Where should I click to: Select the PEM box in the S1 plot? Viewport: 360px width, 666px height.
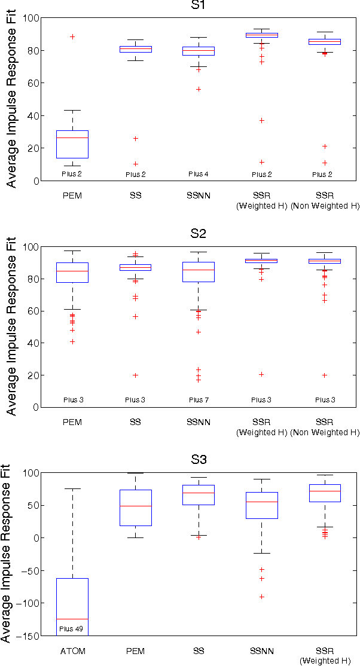(72, 144)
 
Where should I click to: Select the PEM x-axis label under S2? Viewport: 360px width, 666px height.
(72, 422)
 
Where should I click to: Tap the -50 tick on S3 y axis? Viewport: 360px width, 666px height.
(31, 570)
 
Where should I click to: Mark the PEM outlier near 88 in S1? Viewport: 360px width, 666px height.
(72, 37)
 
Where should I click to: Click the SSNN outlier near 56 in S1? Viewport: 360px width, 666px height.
(198, 89)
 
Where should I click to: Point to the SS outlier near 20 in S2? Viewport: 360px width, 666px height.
(135, 375)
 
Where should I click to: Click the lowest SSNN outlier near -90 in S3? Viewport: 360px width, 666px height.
(261, 597)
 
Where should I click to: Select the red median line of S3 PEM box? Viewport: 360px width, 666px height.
(135, 506)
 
